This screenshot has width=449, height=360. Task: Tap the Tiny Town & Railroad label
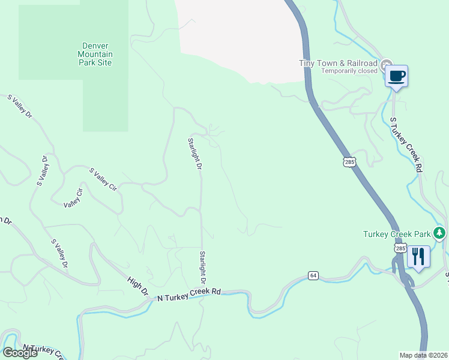pyautogui.click(x=339, y=63)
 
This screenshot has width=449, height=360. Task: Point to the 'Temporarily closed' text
pyautogui.click(x=349, y=71)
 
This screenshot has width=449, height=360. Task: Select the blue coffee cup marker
pyautogui.click(x=396, y=77)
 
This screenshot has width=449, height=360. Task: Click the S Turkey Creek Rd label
pyautogui.click(x=403, y=145)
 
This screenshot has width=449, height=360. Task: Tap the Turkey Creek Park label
pyautogui.click(x=397, y=233)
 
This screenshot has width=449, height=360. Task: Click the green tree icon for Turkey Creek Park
pyautogui.click(x=440, y=233)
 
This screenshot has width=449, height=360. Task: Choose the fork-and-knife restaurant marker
pyautogui.click(x=418, y=257)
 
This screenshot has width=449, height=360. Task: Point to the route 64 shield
pyautogui.click(x=313, y=275)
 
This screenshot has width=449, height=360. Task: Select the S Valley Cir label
pyautogui.click(x=103, y=179)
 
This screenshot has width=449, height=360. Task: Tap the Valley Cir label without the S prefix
pyautogui.click(x=73, y=198)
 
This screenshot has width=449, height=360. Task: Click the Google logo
pyautogui.click(x=19, y=353)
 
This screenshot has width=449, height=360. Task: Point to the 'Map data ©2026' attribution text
pyautogui.click(x=423, y=355)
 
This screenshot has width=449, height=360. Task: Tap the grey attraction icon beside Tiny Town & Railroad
pyautogui.click(x=386, y=64)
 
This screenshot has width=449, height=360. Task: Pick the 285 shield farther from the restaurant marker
pyautogui.click(x=350, y=161)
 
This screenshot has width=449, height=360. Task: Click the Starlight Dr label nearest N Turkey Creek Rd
pyautogui.click(x=203, y=268)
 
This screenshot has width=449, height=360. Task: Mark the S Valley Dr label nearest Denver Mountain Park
pyautogui.click(x=20, y=106)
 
